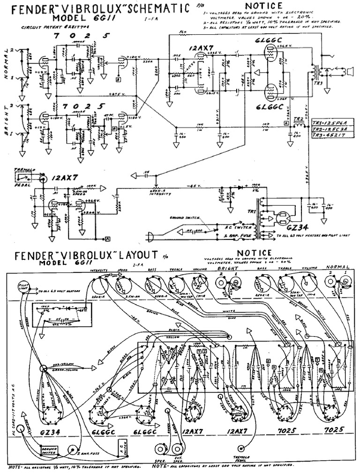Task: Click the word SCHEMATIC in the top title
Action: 155,9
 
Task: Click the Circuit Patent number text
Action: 52,28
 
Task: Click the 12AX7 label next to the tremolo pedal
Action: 62,178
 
